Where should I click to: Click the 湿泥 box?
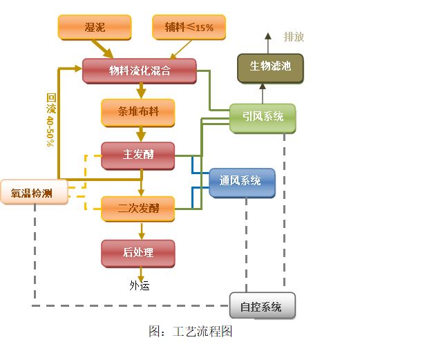[94, 27]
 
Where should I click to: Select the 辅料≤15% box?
[189, 27]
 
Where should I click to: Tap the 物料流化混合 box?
[139, 70]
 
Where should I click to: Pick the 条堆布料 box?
[138, 112]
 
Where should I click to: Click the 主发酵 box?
[138, 155]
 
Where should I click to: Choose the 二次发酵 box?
[138, 208]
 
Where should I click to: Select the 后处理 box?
[138, 253]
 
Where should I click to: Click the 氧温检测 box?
[34, 193]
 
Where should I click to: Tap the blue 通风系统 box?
[242, 182]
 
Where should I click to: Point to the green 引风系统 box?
[263, 117]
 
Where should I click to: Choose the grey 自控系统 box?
[262, 306]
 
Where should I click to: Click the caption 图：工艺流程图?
[178, 332]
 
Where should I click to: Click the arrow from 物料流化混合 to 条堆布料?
[141, 91]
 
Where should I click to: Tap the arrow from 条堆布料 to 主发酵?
[141, 133]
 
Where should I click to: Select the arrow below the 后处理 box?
[141, 275]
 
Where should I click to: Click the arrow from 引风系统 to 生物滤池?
[263, 93]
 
